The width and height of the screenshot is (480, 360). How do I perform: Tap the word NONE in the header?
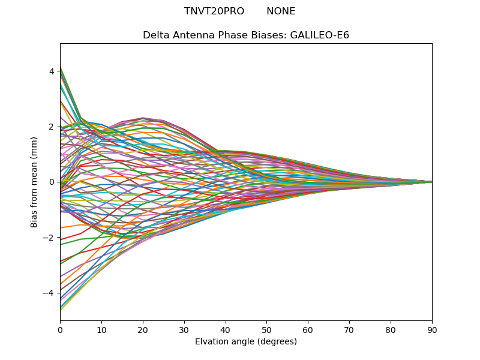pyautogui.click(x=281, y=11)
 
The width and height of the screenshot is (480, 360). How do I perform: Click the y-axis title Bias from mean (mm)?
pyautogui.click(x=34, y=182)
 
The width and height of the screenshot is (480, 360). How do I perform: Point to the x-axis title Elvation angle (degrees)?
pyautogui.click(x=246, y=342)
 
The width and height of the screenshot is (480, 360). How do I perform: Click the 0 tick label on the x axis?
pyautogui.click(x=60, y=329)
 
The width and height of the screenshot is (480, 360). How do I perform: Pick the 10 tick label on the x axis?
pyautogui.click(x=101, y=329)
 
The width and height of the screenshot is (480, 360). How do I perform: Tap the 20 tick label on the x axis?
pyautogui.click(x=143, y=329)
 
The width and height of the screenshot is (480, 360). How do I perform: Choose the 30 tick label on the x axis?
pyautogui.click(x=184, y=329)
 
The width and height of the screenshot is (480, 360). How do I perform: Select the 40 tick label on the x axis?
pyautogui.click(x=226, y=329)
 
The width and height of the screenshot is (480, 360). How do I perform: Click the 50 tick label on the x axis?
pyautogui.click(x=266, y=329)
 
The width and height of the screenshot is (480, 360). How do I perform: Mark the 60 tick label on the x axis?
pyautogui.click(x=308, y=329)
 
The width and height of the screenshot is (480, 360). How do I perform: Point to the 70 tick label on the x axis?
pyautogui.click(x=349, y=329)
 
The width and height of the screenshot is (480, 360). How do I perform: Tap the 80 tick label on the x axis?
pyautogui.click(x=391, y=329)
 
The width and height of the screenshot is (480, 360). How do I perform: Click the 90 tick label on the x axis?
pyautogui.click(x=432, y=329)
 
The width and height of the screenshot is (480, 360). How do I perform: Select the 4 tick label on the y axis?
pyautogui.click(x=52, y=71)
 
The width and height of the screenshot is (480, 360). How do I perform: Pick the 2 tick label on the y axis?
pyautogui.click(x=52, y=127)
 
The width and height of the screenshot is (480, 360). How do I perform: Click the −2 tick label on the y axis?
pyautogui.click(x=49, y=238)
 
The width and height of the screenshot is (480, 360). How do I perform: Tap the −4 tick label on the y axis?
pyautogui.click(x=49, y=293)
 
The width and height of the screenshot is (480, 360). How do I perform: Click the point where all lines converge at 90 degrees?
pyautogui.click(x=431, y=182)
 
